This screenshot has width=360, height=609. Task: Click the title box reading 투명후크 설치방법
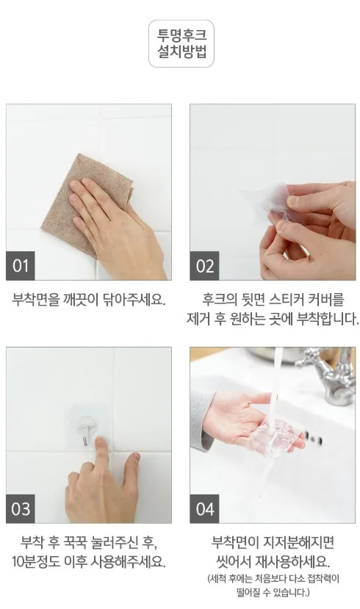coord(181,44)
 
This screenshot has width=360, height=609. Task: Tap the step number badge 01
coord(20,266)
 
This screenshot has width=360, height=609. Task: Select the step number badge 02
coord(204,266)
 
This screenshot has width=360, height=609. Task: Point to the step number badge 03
coord(20,509)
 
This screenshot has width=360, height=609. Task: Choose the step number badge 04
coord(204,509)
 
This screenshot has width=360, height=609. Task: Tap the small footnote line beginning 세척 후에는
coord(273,579)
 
